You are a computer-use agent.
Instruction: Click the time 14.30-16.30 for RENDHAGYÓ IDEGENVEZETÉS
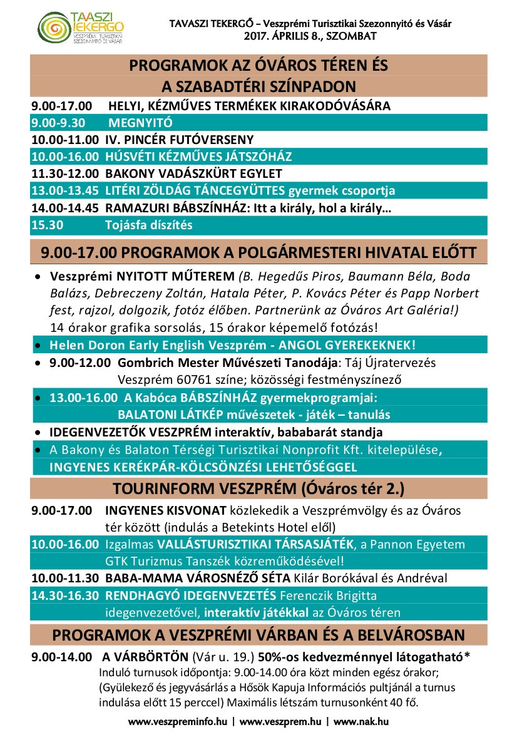[65, 595]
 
